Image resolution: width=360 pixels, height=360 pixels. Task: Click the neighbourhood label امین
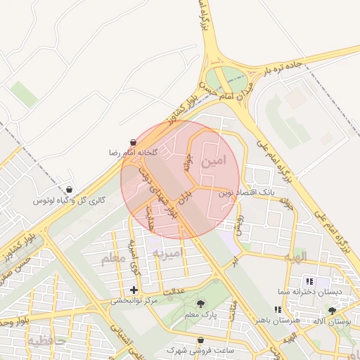tap(214, 160)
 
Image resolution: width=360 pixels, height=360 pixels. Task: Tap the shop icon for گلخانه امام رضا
tap(134, 142)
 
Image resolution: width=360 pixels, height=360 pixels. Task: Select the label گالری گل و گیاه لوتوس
tap(70, 200)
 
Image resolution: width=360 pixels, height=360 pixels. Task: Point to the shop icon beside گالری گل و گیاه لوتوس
tap(69, 189)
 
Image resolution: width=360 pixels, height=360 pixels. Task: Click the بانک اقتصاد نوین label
tap(245, 193)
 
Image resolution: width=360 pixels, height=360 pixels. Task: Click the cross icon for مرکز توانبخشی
tap(134, 290)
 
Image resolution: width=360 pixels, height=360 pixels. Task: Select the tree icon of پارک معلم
tap(200, 304)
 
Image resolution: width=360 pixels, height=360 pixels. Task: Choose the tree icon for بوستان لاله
tap(332, 310)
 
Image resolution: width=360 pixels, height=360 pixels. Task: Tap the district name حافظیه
tap(44, 341)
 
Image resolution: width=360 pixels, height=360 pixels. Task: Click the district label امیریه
tap(167, 251)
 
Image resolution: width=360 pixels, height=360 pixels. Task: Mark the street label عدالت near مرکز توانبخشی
tap(174, 290)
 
